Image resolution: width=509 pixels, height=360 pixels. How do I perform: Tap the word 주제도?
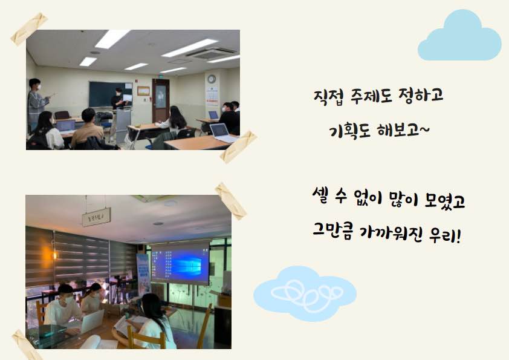click(x=371, y=96)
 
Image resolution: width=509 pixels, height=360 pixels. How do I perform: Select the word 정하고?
click(x=421, y=96)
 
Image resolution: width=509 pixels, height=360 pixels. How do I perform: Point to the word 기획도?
click(x=349, y=131)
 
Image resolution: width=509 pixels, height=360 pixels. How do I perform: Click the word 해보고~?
click(x=403, y=131)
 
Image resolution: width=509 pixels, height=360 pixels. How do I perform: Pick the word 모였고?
click(x=445, y=200)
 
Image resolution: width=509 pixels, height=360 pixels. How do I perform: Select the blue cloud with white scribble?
click(x=305, y=293)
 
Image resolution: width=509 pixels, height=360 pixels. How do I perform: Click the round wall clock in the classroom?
click(x=212, y=79)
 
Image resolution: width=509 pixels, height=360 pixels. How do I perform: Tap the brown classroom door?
click(x=161, y=100)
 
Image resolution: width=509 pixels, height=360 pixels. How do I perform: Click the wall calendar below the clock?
click(x=212, y=95)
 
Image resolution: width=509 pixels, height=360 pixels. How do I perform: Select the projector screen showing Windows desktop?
click(x=181, y=263)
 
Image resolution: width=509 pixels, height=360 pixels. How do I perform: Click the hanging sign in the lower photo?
click(x=96, y=217)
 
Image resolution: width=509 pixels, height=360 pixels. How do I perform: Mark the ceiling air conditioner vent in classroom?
click(x=212, y=54)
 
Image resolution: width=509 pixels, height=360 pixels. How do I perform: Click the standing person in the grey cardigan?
click(x=37, y=103)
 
